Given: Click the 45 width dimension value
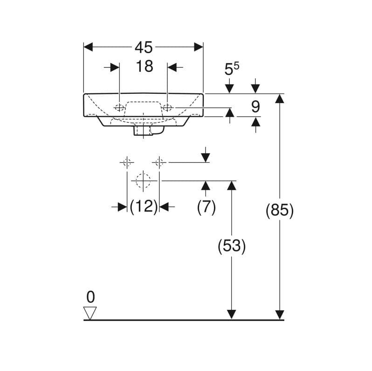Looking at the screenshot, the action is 144,47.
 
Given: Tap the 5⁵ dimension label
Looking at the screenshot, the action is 232,69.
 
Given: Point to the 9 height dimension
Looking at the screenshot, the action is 255,107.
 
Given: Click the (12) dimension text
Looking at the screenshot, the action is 144,207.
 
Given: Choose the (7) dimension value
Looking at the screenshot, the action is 206,207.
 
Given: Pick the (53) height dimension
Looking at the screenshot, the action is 232,246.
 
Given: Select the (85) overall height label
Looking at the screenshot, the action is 280,210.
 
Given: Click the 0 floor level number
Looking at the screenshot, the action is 90,297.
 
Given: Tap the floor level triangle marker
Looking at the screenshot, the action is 90,313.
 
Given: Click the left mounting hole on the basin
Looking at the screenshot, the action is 119,108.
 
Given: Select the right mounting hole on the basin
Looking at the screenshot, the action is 167,108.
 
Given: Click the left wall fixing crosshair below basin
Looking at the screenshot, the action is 127,162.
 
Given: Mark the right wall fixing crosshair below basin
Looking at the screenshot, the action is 159,162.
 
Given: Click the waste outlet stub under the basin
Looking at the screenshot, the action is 143,130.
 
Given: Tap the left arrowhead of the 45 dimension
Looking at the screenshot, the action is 88,47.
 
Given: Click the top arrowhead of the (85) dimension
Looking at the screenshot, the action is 280,98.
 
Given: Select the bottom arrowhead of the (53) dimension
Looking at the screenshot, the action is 232,315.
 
